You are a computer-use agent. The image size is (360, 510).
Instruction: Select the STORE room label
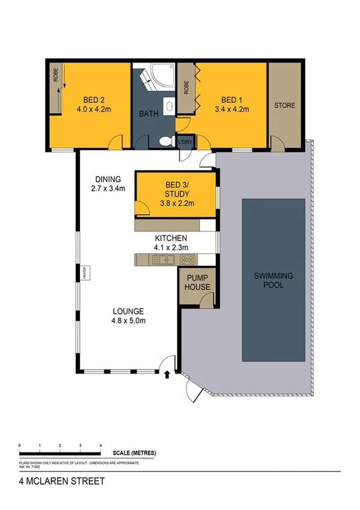[x=285, y=105]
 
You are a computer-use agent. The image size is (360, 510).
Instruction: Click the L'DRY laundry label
[x=185, y=142]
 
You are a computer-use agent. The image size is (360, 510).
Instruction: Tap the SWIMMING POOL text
[x=273, y=280]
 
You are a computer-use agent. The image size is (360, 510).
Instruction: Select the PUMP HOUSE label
[x=198, y=283]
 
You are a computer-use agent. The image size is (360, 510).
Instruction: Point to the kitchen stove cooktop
[x=188, y=260]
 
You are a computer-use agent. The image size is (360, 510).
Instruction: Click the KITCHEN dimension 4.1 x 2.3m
[x=171, y=247]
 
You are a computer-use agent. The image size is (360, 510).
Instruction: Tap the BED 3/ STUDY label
[x=177, y=189]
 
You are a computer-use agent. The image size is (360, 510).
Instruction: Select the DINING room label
[x=108, y=179]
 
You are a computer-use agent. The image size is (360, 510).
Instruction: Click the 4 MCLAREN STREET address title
[x=53, y=481]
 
